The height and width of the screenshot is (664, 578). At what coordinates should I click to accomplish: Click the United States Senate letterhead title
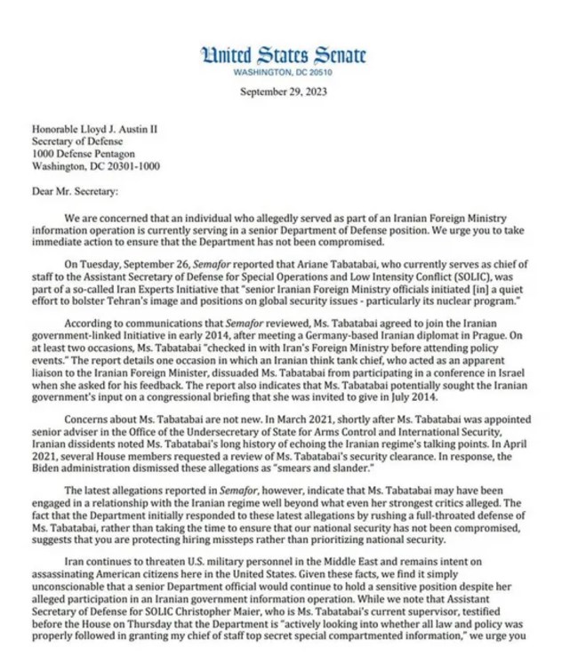click(x=284, y=54)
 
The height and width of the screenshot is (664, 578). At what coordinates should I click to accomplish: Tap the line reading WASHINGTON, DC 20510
click(x=284, y=72)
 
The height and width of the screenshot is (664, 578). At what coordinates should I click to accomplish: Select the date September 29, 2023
click(x=284, y=92)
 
